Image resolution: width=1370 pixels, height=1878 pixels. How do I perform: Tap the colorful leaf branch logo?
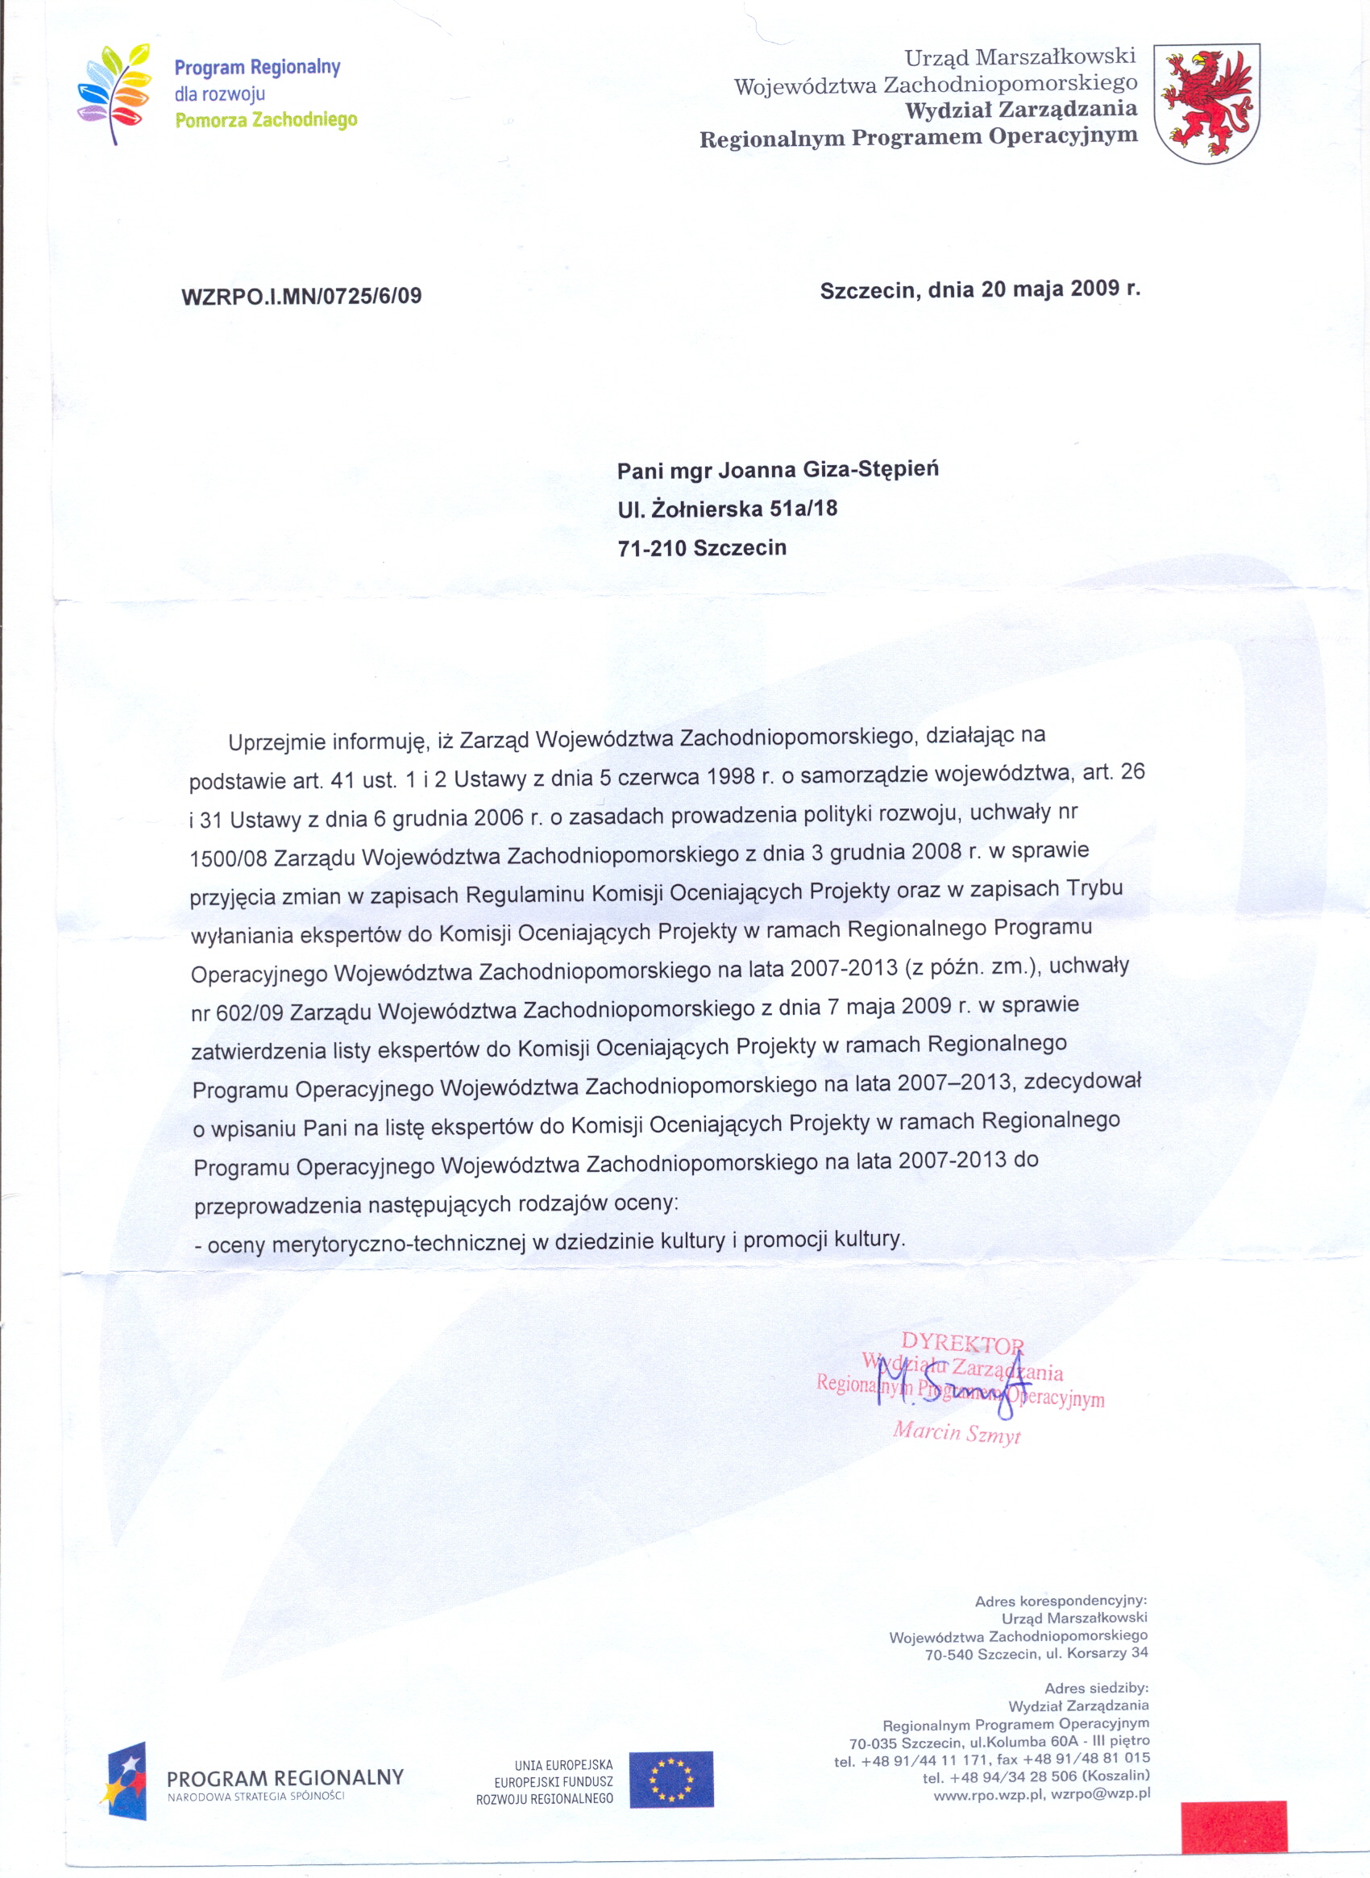(x=114, y=93)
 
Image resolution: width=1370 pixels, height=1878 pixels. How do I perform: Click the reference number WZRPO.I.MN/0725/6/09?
(x=301, y=296)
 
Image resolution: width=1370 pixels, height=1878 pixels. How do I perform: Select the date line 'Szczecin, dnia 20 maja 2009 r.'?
(x=979, y=290)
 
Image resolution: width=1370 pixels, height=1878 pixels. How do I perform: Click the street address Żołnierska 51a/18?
(x=744, y=509)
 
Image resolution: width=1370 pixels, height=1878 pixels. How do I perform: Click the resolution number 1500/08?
(x=228, y=858)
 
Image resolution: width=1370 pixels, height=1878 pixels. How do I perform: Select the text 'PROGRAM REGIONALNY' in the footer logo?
(x=285, y=1777)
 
